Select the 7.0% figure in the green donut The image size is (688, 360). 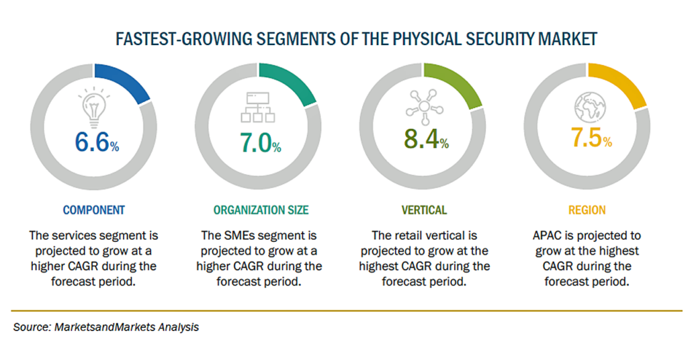click(259, 142)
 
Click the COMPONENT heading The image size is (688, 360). click(93, 210)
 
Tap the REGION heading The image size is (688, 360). click(587, 210)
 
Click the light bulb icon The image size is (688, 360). click(93, 106)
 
